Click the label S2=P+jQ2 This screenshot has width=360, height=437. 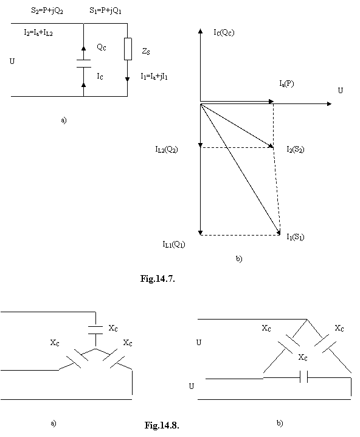click(x=47, y=11)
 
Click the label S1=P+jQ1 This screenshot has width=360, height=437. click(x=105, y=10)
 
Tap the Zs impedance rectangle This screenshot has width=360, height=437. click(x=128, y=49)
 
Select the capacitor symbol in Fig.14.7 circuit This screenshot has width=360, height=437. click(x=83, y=63)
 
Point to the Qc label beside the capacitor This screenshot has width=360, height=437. click(x=102, y=47)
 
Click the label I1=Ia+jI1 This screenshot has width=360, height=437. click(x=154, y=76)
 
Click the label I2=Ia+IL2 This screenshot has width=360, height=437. click(x=38, y=33)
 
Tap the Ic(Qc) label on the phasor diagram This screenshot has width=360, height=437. click(x=224, y=32)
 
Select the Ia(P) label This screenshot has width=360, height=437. click(x=286, y=83)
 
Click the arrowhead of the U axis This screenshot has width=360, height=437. click(x=330, y=104)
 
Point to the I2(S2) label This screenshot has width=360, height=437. click(x=296, y=149)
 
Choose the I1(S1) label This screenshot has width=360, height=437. click(x=296, y=237)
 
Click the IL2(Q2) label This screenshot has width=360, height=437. click(x=167, y=149)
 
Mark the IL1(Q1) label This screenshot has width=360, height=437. click(x=174, y=245)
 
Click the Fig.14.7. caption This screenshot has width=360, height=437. click(x=157, y=278)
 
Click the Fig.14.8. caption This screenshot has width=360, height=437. click(x=162, y=425)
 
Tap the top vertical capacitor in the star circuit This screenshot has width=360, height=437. click(x=95, y=330)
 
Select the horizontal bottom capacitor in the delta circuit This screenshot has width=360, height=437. click(x=304, y=377)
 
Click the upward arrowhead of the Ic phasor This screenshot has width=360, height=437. click(x=201, y=30)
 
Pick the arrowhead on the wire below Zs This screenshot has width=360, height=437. click(x=128, y=79)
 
